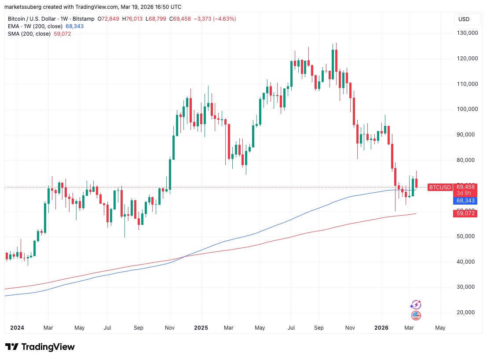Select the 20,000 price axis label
[x=467, y=312]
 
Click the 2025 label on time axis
[x=201, y=328]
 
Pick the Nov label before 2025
[x=170, y=328]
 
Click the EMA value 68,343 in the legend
[x=74, y=26]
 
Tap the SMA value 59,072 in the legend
[x=62, y=34]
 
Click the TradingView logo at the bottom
[x=40, y=347]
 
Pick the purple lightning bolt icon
[x=415, y=305]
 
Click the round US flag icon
[x=416, y=315]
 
